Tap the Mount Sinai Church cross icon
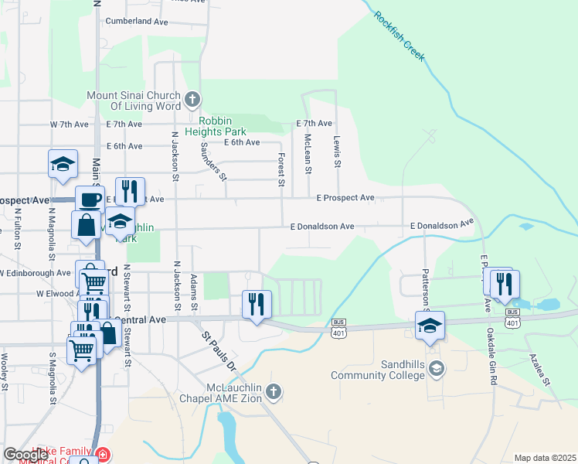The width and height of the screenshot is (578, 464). pos(193,100)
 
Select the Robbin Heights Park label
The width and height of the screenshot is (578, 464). pos(232,126)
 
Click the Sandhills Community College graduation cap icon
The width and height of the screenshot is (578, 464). pos(437,370)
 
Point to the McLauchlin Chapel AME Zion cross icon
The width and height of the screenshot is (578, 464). pos(274,392)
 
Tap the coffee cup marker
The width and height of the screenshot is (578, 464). pos(90,199)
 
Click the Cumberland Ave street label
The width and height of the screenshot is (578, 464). pos(137,22)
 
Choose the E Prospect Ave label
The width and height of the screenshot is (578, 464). pos(345,198)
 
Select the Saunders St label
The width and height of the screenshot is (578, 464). pos(212,160)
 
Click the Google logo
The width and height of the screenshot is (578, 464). pos(25,455)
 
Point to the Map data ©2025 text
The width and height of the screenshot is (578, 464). pos(544,458)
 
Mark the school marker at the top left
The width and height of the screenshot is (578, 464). pos(63,163)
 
